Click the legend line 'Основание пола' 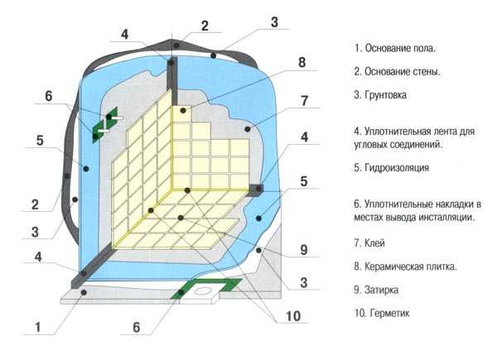point(395,49)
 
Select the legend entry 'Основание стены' point(397,72)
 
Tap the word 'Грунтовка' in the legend point(380,95)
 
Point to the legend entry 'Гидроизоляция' point(392,168)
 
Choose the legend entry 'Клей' point(369,243)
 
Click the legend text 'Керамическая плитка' point(405,266)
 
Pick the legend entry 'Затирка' point(376,290)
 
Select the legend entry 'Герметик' point(382,314)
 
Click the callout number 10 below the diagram point(293,316)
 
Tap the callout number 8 point(302,62)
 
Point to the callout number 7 point(304,101)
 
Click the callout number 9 point(304,250)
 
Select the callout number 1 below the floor point(38,327)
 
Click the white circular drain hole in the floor point(203,290)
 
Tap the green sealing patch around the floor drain point(206,288)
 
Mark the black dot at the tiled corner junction point(187,190)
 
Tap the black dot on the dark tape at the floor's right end point(258,189)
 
